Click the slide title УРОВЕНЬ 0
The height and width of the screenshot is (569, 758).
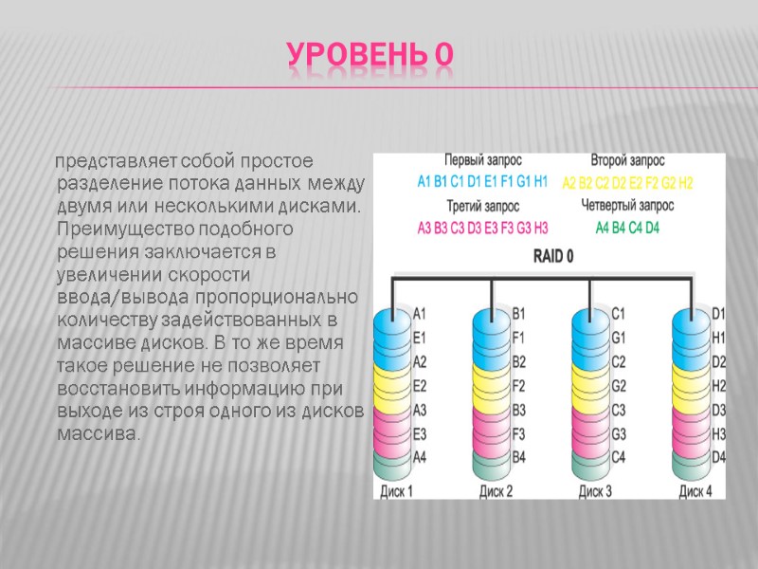[x=370, y=59]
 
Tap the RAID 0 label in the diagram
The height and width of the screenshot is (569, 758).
[x=553, y=255]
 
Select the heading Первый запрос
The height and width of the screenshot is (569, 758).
[x=483, y=160]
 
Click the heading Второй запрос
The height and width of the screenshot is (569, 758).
[x=627, y=160]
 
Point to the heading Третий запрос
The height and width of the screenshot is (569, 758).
[x=483, y=205]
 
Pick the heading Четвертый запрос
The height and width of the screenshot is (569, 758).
[x=627, y=205]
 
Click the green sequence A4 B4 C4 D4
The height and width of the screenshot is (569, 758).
[x=627, y=228]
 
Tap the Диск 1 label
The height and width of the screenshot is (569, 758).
[x=396, y=491]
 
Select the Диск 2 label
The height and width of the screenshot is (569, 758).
[x=496, y=491]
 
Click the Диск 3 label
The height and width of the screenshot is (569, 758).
[x=595, y=491]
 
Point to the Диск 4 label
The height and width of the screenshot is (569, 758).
[x=695, y=491]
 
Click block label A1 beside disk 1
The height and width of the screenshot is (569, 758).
[x=421, y=312]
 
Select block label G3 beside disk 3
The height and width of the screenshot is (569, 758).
[x=619, y=434]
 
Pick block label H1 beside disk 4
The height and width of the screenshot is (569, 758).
[x=718, y=337]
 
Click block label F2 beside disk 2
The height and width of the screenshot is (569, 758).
[x=519, y=386]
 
